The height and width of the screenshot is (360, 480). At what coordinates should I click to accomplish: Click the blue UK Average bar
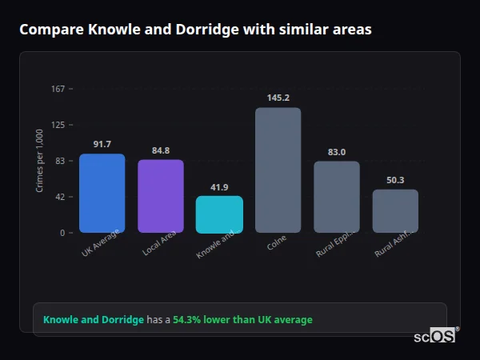click(x=102, y=193)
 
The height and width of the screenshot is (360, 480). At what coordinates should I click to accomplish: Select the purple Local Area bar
click(x=160, y=196)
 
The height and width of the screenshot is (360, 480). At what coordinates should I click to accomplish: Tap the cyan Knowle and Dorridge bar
click(x=219, y=214)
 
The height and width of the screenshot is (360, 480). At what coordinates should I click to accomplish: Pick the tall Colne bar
click(x=278, y=170)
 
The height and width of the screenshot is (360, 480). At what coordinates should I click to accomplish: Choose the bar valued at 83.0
click(x=336, y=197)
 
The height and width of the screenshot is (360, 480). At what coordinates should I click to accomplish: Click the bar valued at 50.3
click(x=395, y=210)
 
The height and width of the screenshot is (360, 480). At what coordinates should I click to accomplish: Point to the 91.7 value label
click(x=102, y=144)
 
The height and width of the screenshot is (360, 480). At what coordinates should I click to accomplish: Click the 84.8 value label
click(x=160, y=150)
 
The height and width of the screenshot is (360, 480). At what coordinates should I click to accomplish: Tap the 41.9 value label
click(x=219, y=187)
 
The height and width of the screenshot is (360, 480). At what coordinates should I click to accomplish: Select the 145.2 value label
click(x=278, y=98)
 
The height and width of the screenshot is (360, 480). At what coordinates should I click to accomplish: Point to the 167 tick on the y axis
click(x=58, y=89)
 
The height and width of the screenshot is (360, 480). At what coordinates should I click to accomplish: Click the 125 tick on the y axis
click(x=58, y=125)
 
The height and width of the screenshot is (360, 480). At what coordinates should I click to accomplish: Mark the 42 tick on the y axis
click(x=59, y=197)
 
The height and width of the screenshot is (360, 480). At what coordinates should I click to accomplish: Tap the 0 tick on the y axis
click(x=62, y=233)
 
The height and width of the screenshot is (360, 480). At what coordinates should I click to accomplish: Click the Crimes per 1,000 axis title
click(x=40, y=161)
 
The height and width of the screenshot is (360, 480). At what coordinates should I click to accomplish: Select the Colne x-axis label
click(x=277, y=243)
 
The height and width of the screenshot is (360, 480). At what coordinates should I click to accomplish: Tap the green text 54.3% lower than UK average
click(x=242, y=320)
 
